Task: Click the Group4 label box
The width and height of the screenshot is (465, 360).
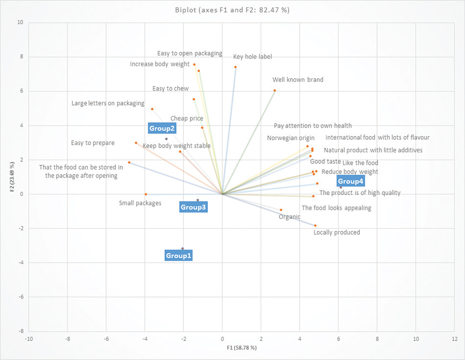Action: tap(350, 181)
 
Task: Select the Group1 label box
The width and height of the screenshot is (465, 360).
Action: tap(179, 255)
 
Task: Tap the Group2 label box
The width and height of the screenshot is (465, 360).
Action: tap(162, 128)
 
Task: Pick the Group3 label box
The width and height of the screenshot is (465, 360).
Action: tap(193, 207)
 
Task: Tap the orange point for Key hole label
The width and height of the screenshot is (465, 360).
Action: tap(235, 67)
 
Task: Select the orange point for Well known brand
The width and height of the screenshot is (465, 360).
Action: tap(275, 91)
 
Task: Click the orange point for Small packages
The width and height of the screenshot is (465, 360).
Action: tap(146, 194)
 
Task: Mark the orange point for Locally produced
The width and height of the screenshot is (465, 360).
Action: tap(315, 226)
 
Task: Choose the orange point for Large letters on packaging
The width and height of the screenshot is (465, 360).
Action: tap(152, 109)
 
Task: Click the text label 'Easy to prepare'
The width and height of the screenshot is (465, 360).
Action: tap(93, 143)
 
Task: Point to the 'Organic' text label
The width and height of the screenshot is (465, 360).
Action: tap(289, 217)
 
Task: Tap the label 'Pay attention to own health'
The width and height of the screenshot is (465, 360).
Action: tap(313, 125)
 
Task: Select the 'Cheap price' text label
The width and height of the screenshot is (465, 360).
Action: tap(187, 118)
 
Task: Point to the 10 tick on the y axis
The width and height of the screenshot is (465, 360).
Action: tap(21, 23)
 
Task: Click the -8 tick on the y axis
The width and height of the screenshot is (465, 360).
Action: tap(21, 331)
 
